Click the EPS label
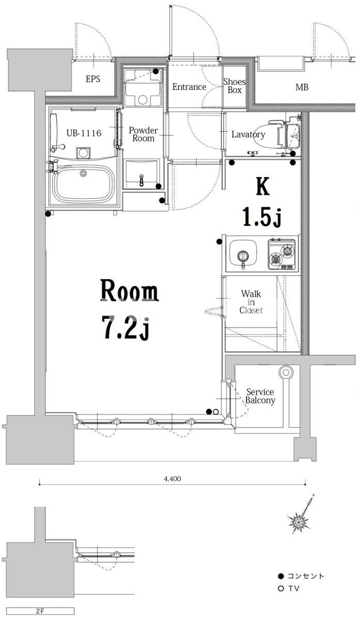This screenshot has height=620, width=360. coord(92,79)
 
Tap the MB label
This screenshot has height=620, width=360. coord(302,87)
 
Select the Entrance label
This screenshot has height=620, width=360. coord(189,87)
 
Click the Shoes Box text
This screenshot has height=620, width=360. coord(234,86)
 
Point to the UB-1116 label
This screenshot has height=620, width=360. coord(84,133)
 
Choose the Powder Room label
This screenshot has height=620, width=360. coord(144,134)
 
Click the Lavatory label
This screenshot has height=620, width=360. coord(248,134)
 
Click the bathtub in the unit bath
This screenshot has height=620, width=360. coord(83,184)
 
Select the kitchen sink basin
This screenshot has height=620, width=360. coord(243,254)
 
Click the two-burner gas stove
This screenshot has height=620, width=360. coord(281,254)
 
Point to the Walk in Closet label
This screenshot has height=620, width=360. coord(251,302)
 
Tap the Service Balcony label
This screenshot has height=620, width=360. coord(260,396)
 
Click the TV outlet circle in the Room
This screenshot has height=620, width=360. coord(216,412)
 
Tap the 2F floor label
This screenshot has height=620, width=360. coord(40,611)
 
